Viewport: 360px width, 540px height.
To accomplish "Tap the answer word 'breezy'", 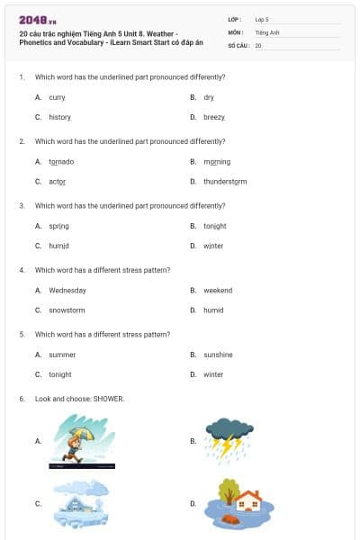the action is click(214, 117).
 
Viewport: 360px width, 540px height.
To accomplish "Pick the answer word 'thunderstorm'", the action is click(225, 182).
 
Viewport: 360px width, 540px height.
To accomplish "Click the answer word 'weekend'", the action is click(218, 291).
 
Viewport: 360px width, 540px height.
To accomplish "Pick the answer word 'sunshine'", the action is click(218, 355).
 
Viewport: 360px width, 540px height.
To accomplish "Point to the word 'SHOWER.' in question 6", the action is click(109, 398).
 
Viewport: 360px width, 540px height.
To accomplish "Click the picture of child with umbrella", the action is click(81, 441).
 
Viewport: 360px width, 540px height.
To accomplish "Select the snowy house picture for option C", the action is click(81, 502).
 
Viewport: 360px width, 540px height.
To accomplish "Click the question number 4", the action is click(21, 270).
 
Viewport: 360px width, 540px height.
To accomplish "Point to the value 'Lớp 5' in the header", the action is click(262, 19).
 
